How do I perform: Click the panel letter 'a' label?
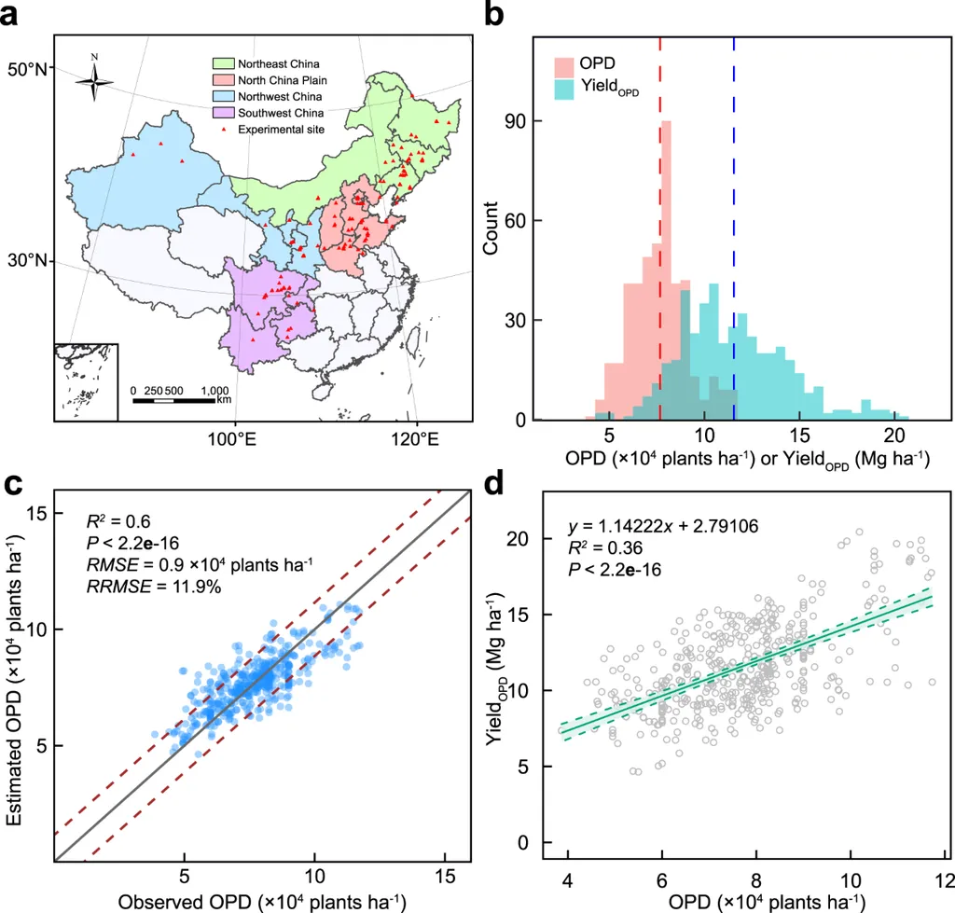tap(17, 16)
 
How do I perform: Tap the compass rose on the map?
tap(94, 81)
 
